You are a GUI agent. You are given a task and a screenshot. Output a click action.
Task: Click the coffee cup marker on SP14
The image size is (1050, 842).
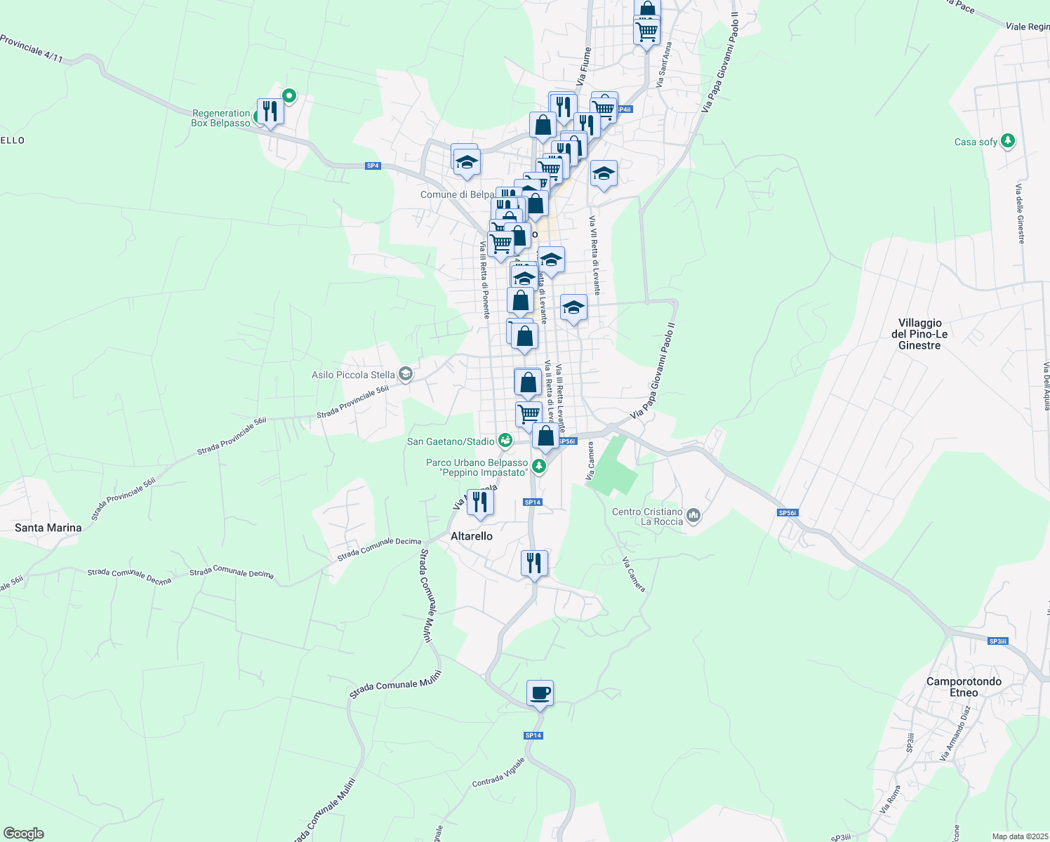(540, 693)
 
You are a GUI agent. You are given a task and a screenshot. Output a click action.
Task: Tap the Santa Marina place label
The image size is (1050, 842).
(48, 528)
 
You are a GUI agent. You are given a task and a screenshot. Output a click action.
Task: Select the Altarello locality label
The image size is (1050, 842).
(472, 536)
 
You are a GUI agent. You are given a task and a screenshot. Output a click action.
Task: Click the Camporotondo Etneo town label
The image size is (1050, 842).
(964, 687)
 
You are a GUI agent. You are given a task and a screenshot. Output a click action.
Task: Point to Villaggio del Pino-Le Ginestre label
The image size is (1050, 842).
(919, 334)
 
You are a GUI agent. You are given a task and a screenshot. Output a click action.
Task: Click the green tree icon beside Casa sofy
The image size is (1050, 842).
(1008, 141)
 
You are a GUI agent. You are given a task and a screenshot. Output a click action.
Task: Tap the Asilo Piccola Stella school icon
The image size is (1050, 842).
(405, 374)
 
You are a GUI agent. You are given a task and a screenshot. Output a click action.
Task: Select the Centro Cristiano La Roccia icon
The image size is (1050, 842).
(693, 516)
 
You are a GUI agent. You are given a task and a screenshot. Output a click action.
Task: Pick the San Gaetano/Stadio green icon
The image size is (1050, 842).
(505, 441)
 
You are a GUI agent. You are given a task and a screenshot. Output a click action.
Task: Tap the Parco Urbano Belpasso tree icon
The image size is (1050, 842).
(538, 466)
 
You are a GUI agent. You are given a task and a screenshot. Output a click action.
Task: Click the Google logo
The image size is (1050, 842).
(24, 834)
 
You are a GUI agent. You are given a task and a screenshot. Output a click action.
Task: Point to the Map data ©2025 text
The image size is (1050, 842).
(1020, 836)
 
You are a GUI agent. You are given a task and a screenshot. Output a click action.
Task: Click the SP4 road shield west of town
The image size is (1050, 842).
(373, 166)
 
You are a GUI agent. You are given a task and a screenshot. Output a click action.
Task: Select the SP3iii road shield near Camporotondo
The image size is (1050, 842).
(997, 641)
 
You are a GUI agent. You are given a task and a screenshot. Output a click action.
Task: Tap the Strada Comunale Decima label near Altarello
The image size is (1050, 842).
(379, 549)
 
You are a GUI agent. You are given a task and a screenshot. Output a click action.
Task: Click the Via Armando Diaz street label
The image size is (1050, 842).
(955, 733)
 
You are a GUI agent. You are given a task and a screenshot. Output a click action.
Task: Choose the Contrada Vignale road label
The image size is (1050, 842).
(498, 773)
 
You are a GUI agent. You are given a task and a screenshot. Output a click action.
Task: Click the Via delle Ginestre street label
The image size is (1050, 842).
(1020, 214)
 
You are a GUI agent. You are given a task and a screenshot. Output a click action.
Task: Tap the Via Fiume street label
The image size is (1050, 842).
(584, 67)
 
